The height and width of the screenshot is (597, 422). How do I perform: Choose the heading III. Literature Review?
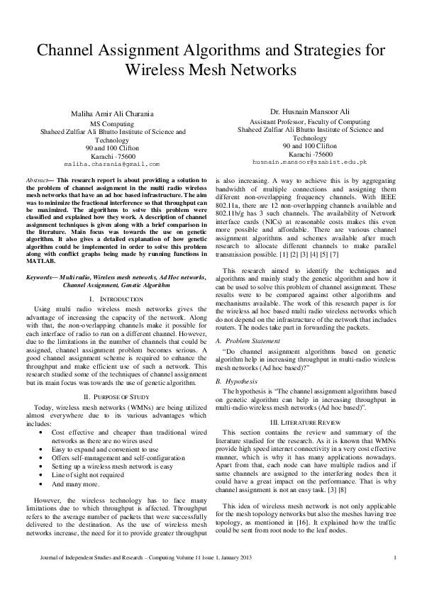click(306, 422)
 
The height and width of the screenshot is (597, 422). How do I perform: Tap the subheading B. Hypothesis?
click(235, 382)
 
